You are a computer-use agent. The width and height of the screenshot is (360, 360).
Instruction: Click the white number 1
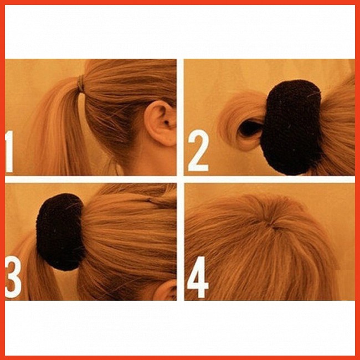(x=9, y=152)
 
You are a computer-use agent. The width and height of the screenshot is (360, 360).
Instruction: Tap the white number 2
(x=198, y=151)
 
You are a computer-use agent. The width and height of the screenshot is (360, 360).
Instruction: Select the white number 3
(x=13, y=277)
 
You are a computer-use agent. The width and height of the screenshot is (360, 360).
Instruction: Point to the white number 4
(x=198, y=277)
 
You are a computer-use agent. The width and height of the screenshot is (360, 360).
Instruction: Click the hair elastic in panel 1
(x=81, y=84)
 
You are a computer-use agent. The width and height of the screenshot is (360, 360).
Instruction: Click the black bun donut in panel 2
(x=291, y=127)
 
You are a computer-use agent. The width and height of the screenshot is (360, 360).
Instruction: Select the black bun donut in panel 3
(x=60, y=232)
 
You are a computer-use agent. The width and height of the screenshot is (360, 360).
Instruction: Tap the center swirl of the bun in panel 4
(x=274, y=226)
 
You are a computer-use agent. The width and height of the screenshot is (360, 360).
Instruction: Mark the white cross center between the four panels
(x=181, y=179)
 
